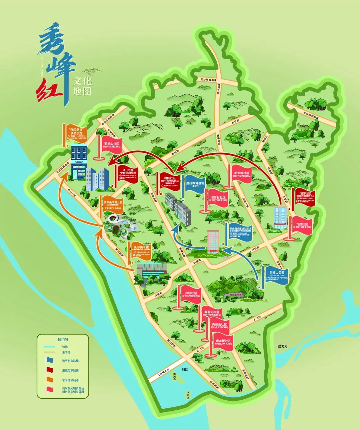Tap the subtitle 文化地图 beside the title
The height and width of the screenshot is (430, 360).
82,86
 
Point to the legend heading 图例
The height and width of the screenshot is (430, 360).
63,340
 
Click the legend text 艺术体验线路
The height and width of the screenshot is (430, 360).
70,380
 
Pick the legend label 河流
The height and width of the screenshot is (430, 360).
65,347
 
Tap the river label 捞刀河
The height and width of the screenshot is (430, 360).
283,347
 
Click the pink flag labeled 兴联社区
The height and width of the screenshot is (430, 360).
191,295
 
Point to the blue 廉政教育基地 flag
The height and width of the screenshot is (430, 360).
195,184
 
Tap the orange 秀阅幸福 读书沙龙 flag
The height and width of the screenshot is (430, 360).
76,132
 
